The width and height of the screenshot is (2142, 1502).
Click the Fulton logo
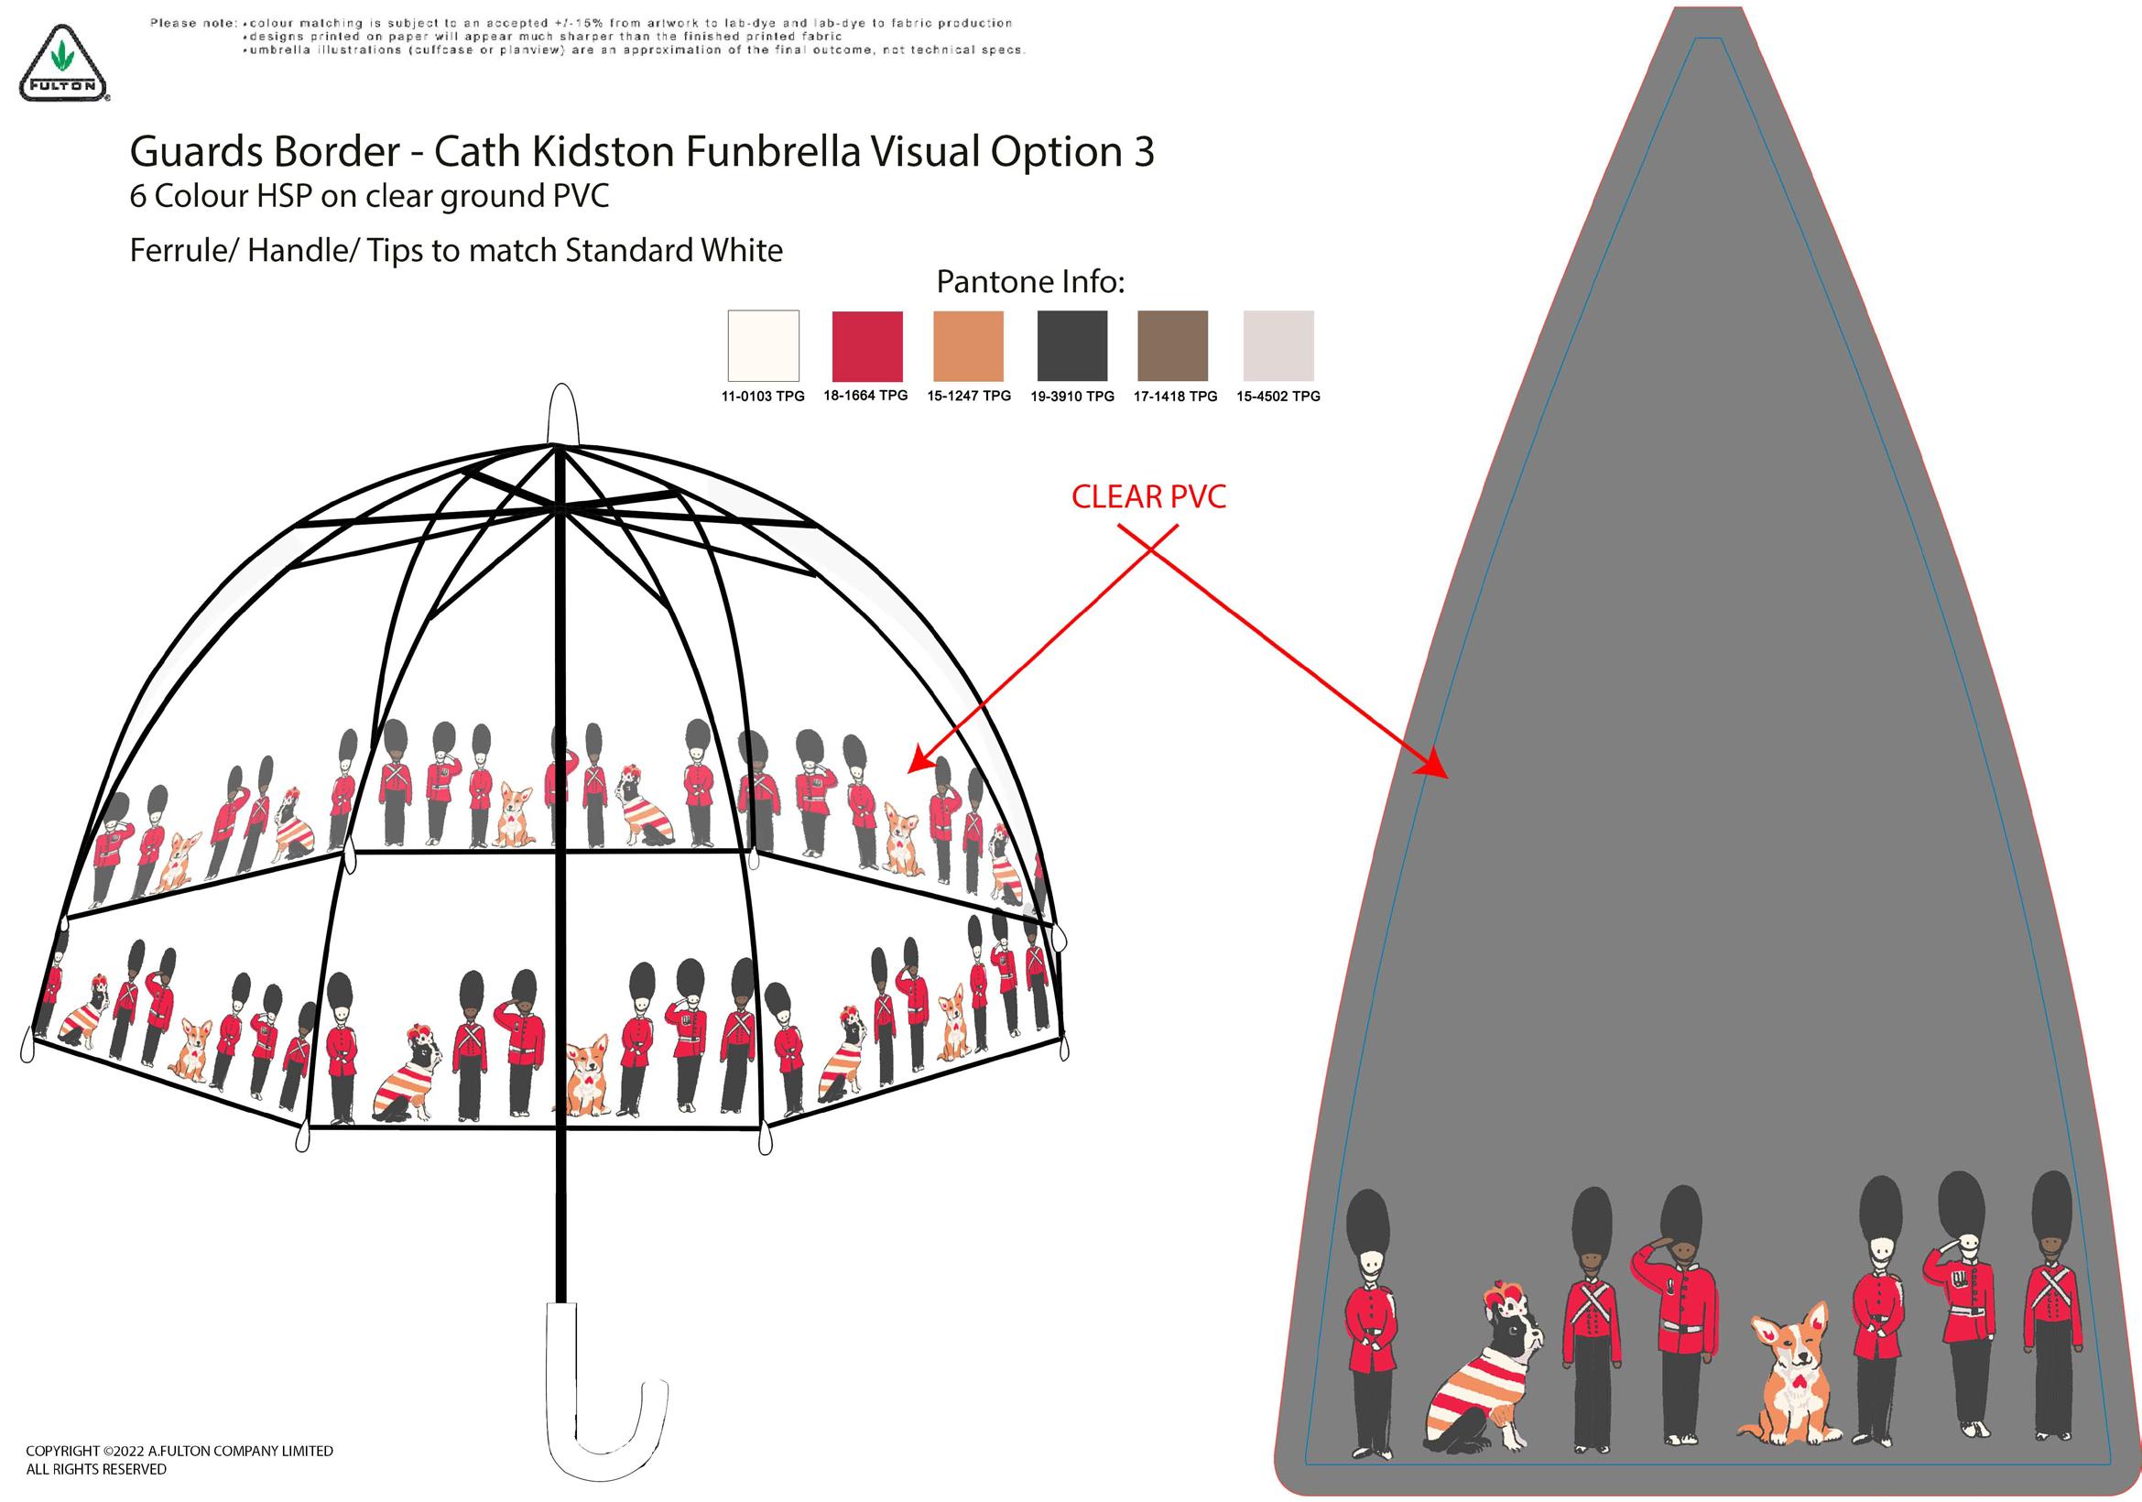click(x=62, y=63)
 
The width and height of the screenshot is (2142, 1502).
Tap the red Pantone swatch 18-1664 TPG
click(x=866, y=345)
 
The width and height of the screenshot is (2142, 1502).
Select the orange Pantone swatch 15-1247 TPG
click(x=968, y=345)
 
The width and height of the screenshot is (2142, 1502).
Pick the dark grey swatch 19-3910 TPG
click(x=1072, y=345)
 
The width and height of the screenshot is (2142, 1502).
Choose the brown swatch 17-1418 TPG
click(x=1173, y=345)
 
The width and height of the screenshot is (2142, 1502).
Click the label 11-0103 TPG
click(x=762, y=397)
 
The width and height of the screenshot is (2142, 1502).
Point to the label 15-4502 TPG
click(x=1278, y=397)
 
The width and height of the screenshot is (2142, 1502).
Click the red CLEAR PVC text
click(x=1148, y=497)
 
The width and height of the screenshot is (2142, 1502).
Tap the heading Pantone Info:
click(x=1030, y=282)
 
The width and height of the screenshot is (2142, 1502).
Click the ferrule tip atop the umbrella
click(x=562, y=410)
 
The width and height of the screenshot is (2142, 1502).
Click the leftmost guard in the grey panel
click(x=1369, y=1324)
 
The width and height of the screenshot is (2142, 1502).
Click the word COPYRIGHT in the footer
click(x=62, y=1451)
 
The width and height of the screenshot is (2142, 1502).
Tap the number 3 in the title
click(x=1144, y=152)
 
